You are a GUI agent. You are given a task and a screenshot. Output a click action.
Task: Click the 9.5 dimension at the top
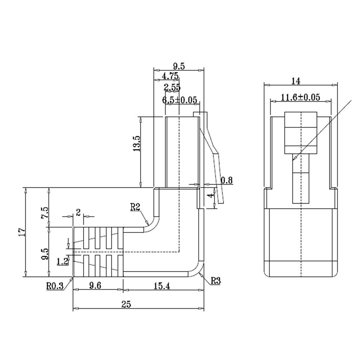pos(179,66)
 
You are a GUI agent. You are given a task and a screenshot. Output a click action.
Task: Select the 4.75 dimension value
pos(170,76)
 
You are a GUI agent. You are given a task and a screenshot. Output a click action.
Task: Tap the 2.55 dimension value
pos(172,88)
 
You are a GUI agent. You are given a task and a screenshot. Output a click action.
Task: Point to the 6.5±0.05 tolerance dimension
pos(180,100)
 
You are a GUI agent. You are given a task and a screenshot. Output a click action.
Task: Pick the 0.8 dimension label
pos(227,180)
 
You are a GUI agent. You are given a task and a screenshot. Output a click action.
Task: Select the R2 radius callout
pos(135,207)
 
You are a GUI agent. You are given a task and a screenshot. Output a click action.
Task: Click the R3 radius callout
pos(216,281)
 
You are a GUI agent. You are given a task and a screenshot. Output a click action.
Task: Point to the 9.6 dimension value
pos(95,285)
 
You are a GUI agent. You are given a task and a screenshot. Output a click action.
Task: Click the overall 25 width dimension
pos(126,304)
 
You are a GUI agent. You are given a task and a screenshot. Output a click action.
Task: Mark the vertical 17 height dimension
pos(22,232)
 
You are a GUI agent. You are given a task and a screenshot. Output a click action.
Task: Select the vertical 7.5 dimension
pos(45,213)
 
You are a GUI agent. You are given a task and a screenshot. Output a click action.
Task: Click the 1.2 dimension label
pos(63,262)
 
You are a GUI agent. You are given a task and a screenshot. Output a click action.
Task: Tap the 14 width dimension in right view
pos(296,81)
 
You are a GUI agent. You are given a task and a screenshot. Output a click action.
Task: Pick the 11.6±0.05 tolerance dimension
pos(301,97)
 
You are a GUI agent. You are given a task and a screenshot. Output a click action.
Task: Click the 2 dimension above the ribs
pos(78,213)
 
